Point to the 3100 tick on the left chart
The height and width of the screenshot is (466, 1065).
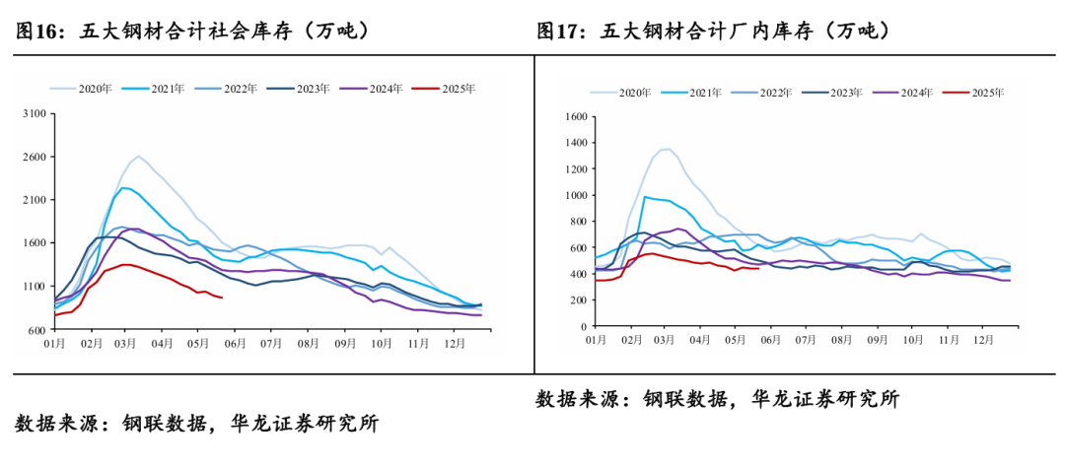34,114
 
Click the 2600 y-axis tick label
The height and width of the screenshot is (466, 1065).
34,158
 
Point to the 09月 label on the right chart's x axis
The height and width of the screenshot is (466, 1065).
875,339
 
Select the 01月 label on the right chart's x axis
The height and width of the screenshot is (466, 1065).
596,339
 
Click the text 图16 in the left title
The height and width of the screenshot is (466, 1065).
35,31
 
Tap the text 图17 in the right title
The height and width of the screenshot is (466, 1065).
558,31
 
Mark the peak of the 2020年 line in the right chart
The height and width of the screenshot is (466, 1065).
669,149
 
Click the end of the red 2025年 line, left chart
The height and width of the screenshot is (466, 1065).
222,298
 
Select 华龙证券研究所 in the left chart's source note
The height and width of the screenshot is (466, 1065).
305,425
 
